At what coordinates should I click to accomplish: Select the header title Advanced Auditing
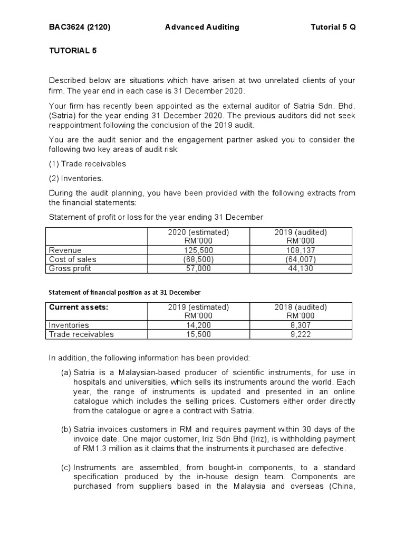202,27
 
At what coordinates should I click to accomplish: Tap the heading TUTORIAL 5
73,51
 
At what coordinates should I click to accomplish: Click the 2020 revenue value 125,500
198,250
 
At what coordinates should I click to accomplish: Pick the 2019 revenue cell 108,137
301,250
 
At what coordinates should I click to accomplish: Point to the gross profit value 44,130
301,268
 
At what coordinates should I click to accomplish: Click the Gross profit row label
70,268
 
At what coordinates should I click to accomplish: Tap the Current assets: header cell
79,307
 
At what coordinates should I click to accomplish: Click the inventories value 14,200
198,325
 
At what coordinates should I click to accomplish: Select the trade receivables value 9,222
301,334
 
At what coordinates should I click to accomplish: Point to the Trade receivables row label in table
81,334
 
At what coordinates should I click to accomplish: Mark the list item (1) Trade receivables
88,164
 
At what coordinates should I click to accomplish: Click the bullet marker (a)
66,373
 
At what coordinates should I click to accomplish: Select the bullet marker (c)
66,468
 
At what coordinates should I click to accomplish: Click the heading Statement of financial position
124,292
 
